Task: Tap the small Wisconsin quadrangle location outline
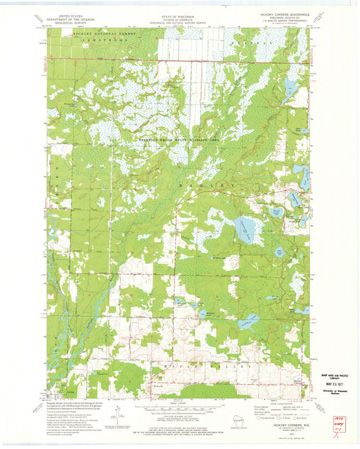(x=234, y=426)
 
